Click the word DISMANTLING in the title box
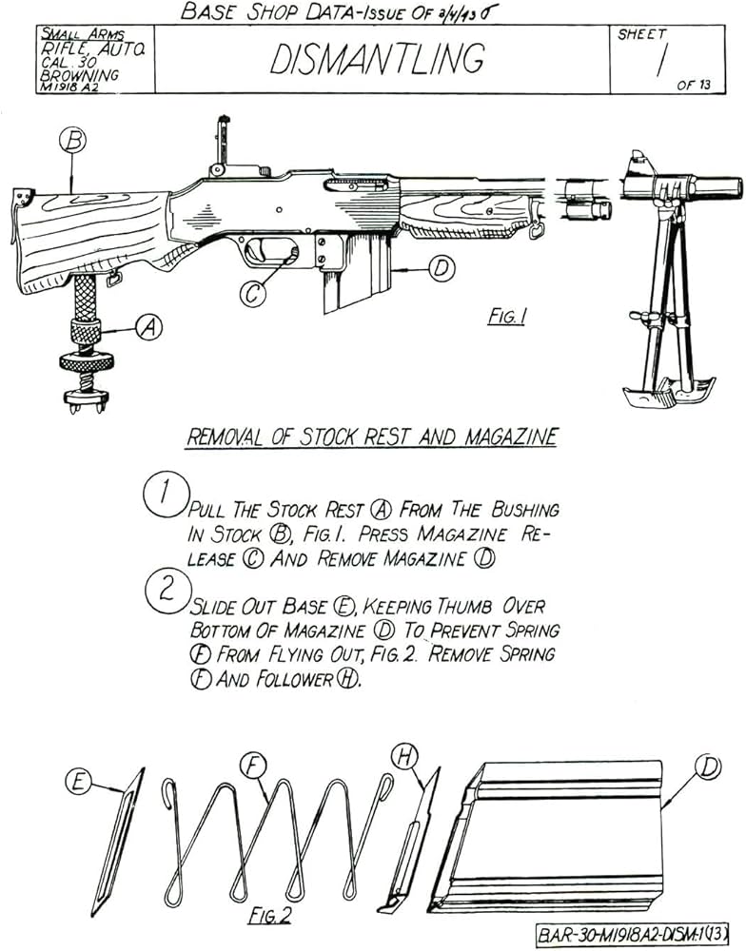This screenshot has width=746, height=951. coord(378,59)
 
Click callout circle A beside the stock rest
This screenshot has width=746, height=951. coord(147,327)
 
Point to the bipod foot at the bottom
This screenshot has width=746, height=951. coord(669,390)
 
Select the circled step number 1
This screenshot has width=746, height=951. coord(163,495)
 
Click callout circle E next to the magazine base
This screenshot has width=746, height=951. coord(79,782)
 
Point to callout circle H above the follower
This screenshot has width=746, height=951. coord(405,756)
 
